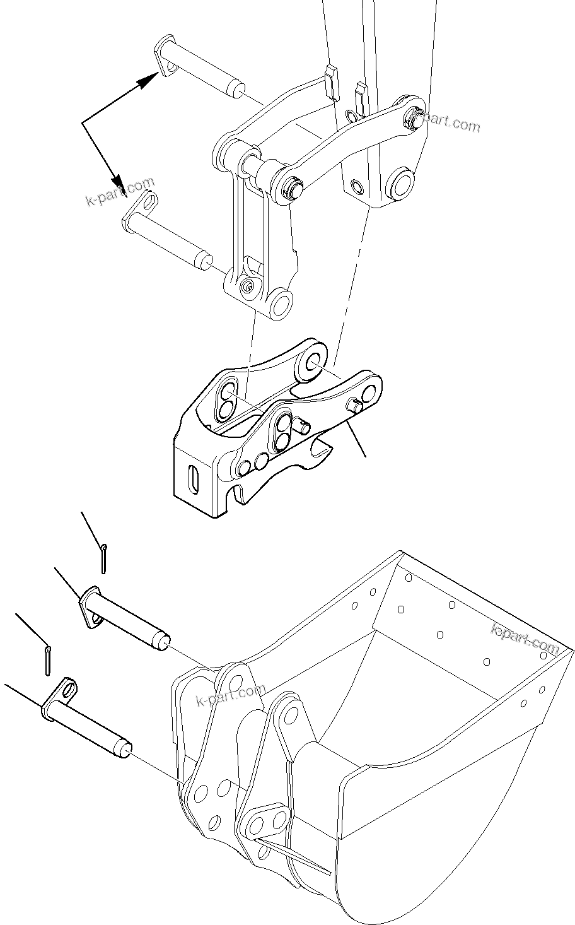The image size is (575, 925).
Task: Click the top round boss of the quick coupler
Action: pyautogui.click(x=313, y=362)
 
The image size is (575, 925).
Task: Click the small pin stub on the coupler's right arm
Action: pyautogui.click(x=356, y=406)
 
